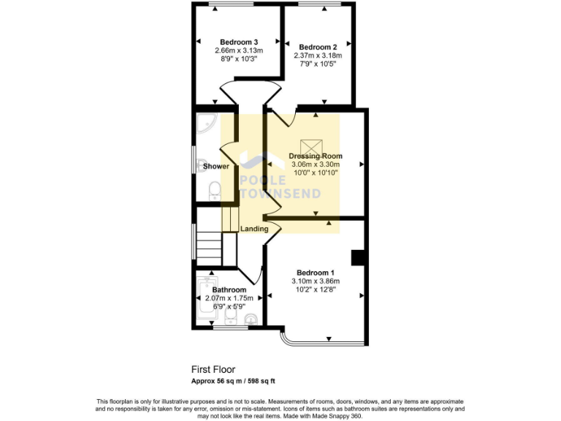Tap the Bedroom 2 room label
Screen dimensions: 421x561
(317, 46)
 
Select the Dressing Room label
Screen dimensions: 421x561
(316, 156)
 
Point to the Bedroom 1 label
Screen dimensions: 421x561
(316, 272)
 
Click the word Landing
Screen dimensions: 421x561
(254, 229)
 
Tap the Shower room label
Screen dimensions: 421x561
(216, 166)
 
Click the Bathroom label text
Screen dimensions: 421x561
(229, 289)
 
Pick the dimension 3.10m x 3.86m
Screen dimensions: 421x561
(316, 281)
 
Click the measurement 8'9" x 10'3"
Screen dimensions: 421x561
(239, 59)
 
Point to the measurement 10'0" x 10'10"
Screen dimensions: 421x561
(316, 173)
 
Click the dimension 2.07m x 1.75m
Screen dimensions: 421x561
(229, 298)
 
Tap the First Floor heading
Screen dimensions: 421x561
(213, 370)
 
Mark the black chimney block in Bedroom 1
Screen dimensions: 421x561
(358, 258)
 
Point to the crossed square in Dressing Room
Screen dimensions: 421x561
(316, 144)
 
